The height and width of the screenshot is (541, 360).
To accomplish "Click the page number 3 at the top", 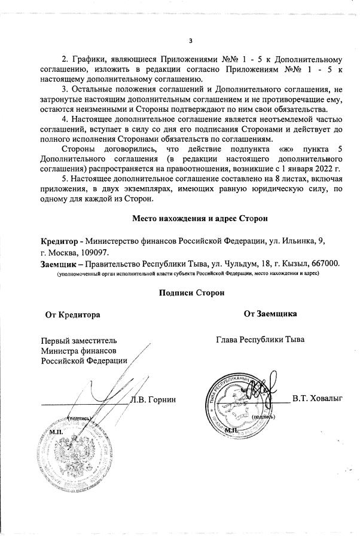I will coord(190,41).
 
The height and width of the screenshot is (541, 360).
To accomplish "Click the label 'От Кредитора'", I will coord(72,314).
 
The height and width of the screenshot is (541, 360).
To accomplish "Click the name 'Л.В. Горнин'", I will coord(155,399).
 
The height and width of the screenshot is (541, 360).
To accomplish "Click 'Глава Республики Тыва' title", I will coord(260,339).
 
